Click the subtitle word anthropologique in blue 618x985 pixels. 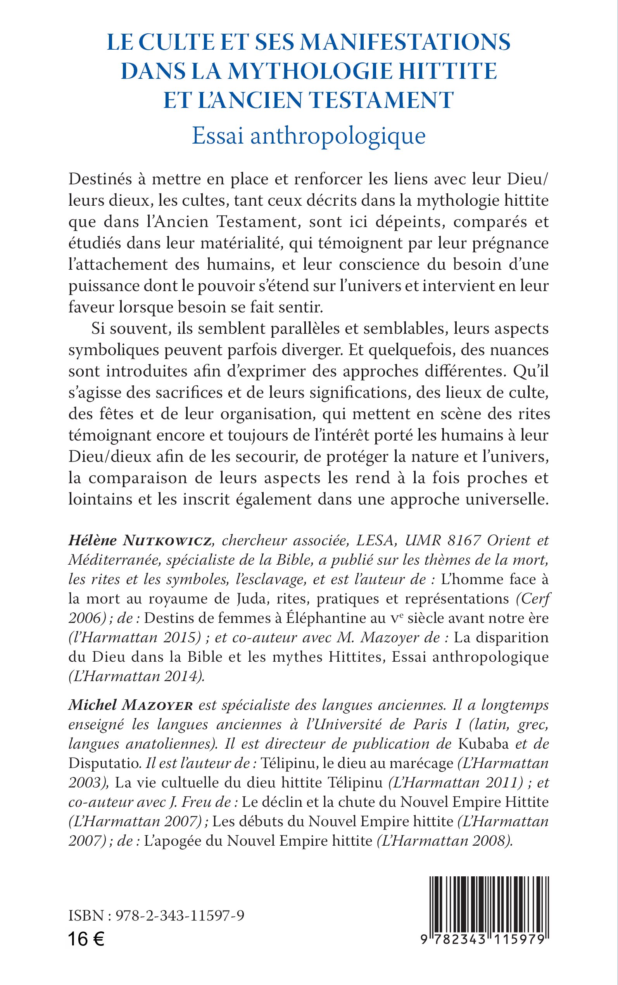tap(338, 136)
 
